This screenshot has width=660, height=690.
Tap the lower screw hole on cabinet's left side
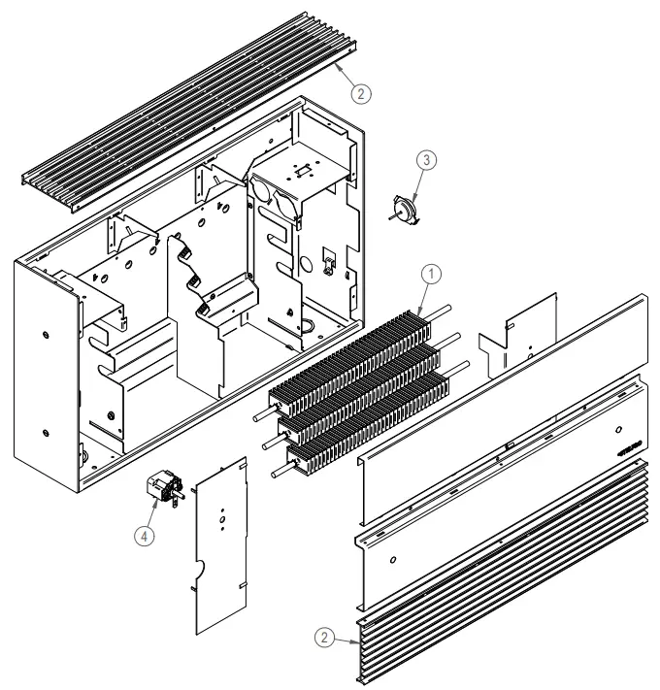(x=49, y=428)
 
